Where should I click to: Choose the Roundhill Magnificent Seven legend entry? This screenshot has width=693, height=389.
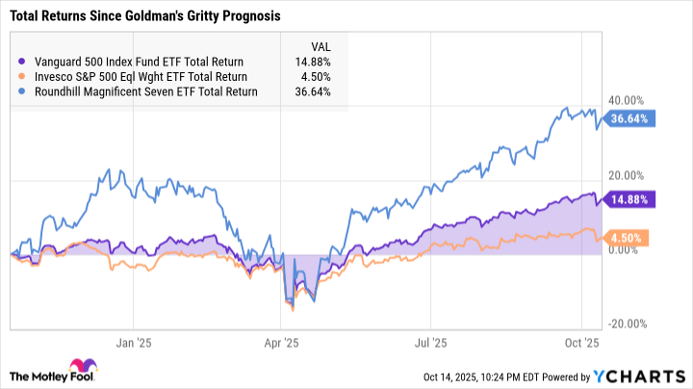click(140, 92)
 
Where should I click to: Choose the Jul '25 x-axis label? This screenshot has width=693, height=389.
click(431, 341)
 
